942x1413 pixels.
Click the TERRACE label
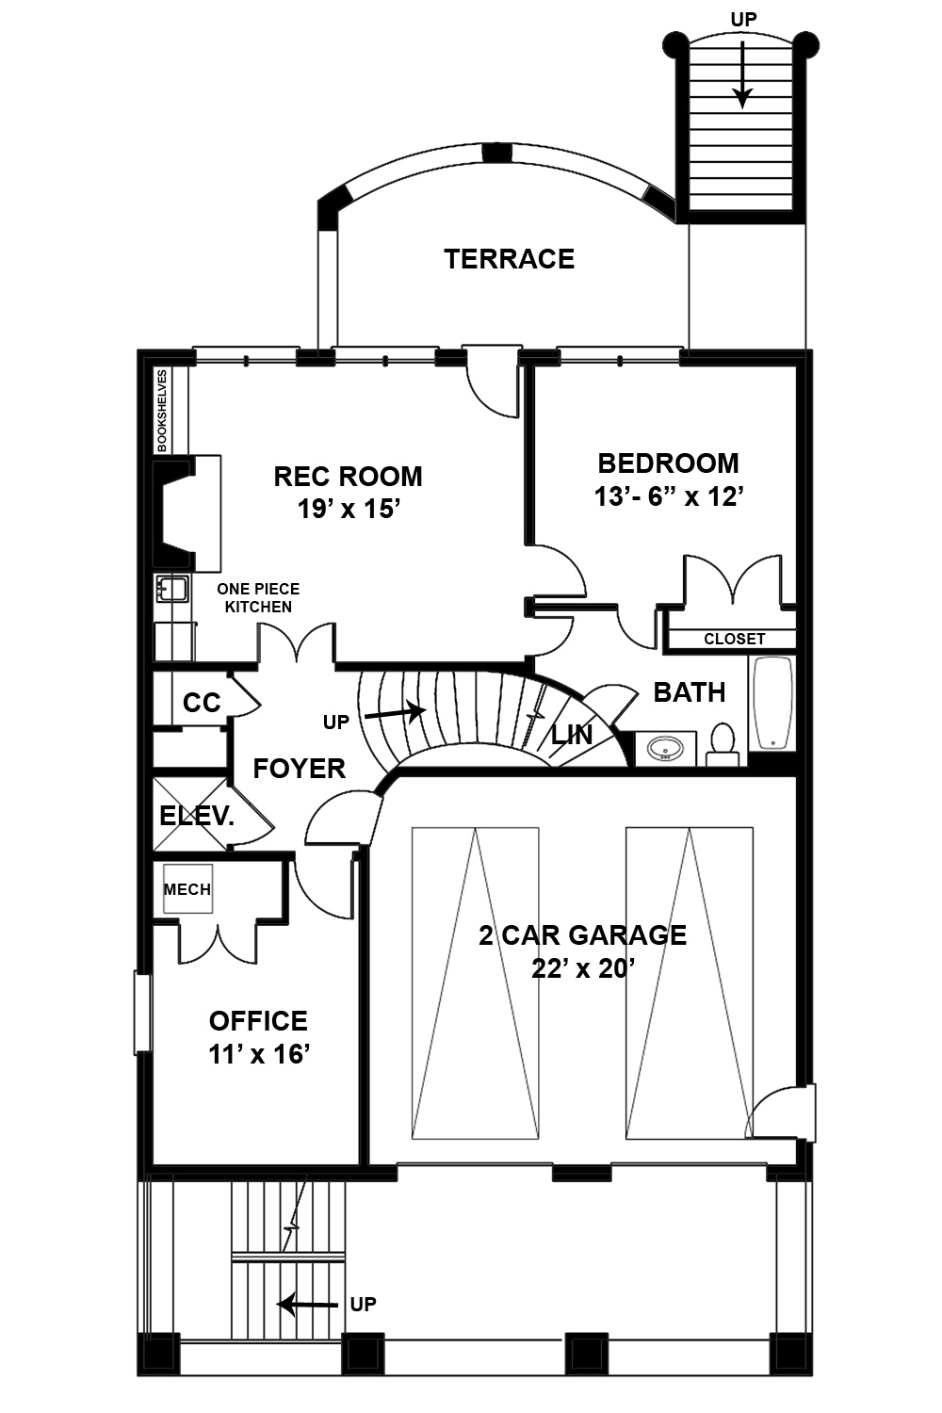pyautogui.click(x=509, y=259)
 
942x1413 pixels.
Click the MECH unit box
pyautogui.click(x=187, y=889)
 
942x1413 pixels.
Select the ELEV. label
pyautogui.click(x=196, y=816)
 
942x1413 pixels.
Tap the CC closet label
pyautogui.click(x=201, y=703)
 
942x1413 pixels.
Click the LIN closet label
pyautogui.click(x=571, y=736)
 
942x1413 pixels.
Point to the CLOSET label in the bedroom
pyautogui.click(x=734, y=639)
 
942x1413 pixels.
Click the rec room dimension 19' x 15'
pyautogui.click(x=349, y=510)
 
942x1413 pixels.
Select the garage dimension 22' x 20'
pyautogui.click(x=581, y=968)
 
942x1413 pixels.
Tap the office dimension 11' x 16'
pyautogui.click(x=259, y=1054)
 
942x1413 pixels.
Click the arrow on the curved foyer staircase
pyautogui.click(x=396, y=713)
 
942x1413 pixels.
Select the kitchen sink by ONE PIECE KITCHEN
pyautogui.click(x=172, y=589)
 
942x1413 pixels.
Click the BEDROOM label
pyautogui.click(x=668, y=463)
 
